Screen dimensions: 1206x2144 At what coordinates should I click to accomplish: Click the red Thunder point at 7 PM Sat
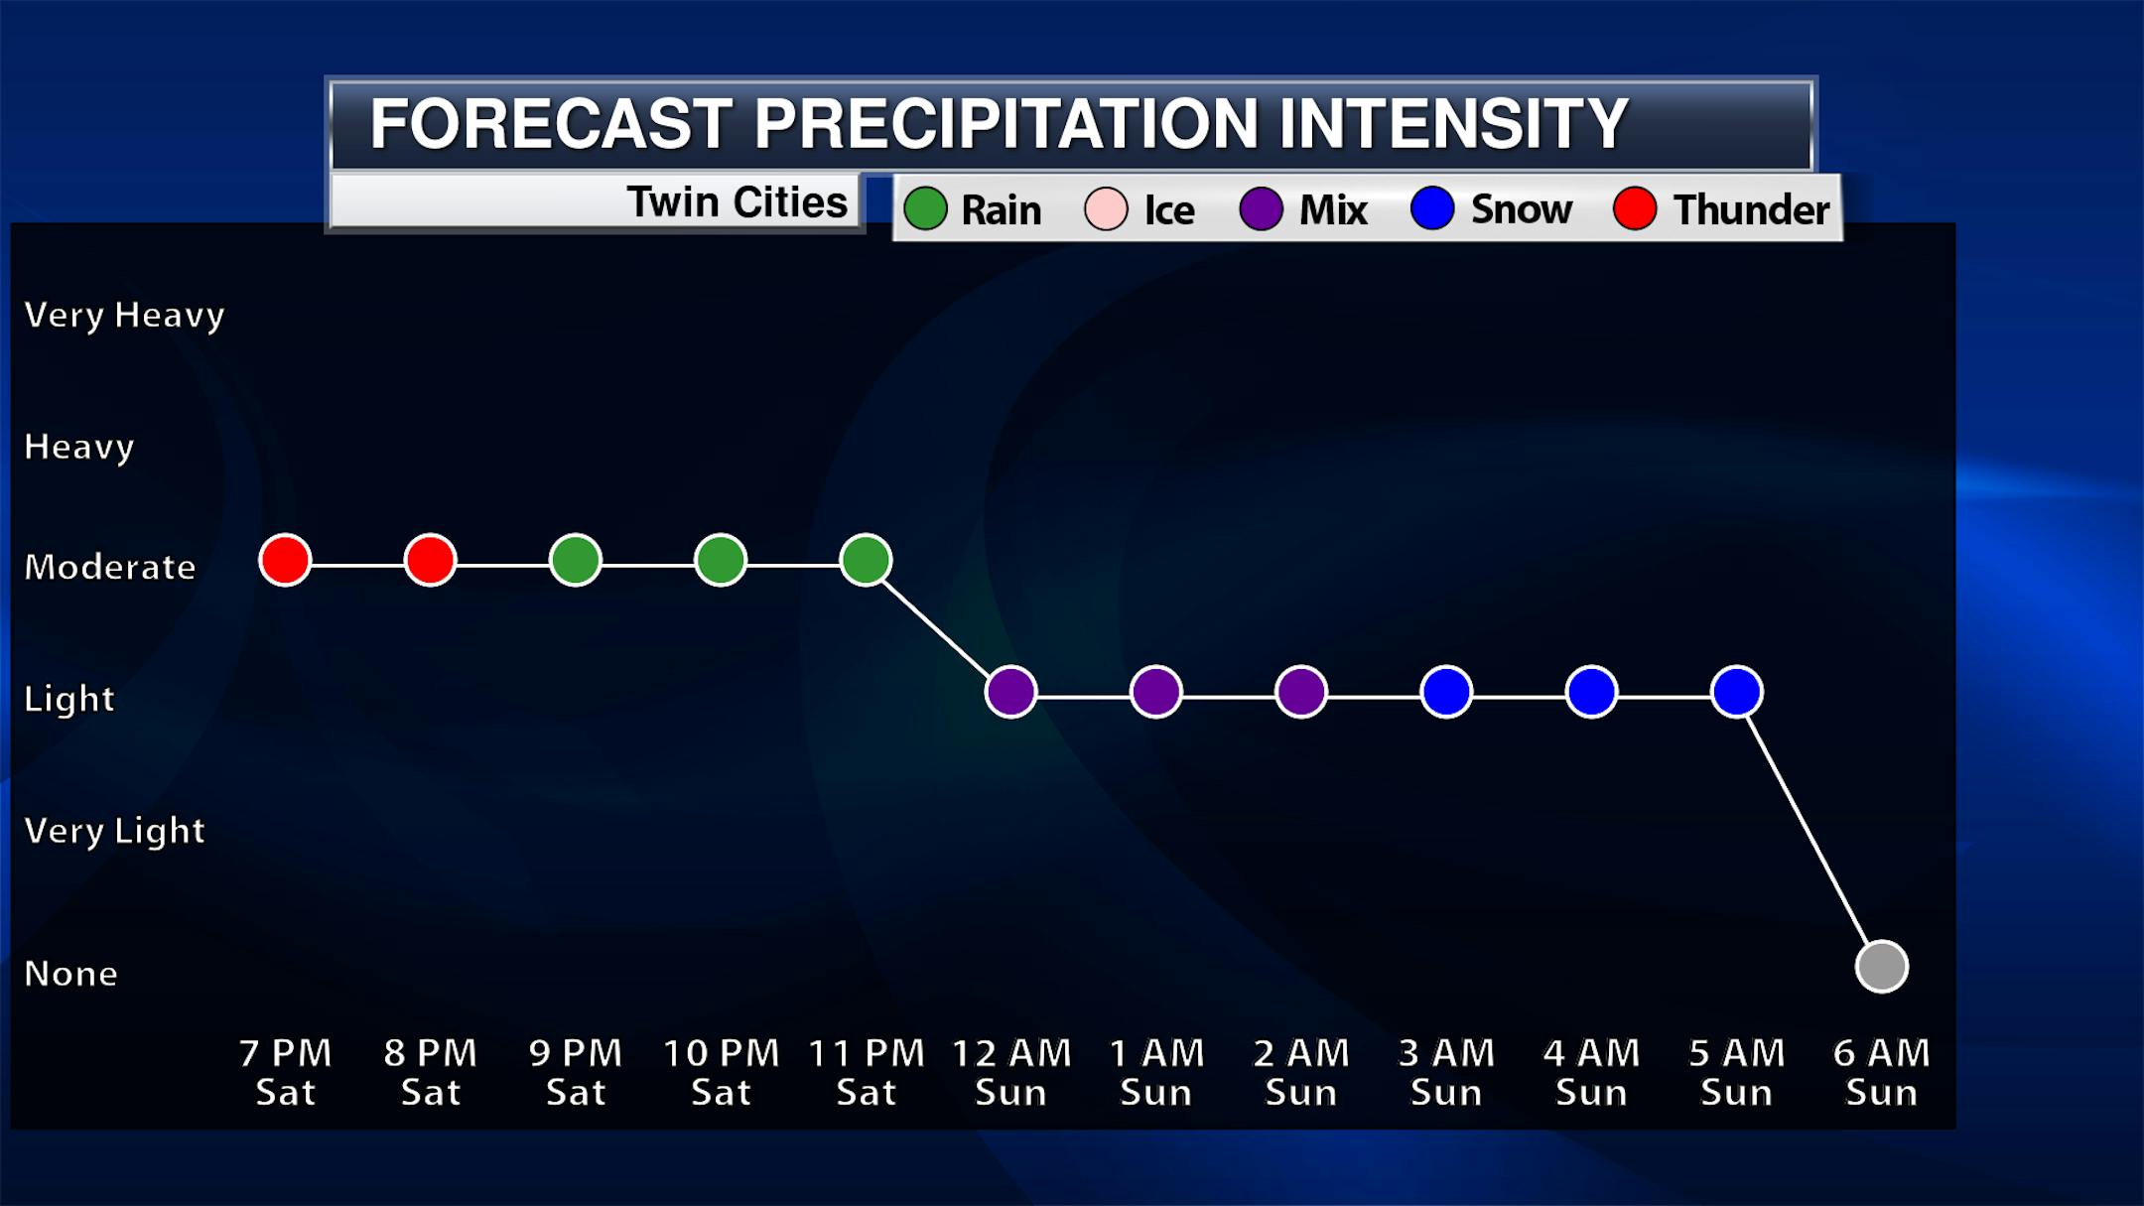pos(285,561)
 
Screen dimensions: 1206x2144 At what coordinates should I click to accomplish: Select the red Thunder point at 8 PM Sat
pos(430,561)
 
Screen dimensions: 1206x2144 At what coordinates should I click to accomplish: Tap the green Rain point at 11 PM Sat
pos(866,561)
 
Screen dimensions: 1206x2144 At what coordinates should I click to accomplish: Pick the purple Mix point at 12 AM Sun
pos(1010,692)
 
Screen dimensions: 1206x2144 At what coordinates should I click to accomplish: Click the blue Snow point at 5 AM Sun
pos(1736,692)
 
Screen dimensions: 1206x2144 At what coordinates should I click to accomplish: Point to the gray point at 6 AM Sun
pos(1881,966)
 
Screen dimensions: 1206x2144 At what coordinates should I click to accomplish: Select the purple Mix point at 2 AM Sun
pos(1301,692)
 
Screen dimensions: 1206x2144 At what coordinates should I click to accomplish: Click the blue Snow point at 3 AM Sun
pos(1446,692)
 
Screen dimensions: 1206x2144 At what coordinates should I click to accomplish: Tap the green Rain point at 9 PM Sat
pos(576,561)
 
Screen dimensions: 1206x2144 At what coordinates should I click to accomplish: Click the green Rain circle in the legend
pos(925,209)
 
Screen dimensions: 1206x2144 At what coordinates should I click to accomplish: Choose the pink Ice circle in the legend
pos(1106,209)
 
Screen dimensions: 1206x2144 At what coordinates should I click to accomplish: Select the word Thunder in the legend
pos(1751,210)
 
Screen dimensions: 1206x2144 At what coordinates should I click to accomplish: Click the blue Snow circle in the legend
pos(1431,208)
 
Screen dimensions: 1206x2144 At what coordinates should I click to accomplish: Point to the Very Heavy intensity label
pos(124,316)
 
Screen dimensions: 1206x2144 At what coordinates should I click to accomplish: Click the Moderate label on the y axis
pos(110,567)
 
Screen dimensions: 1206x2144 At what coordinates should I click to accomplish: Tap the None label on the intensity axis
pos(70,974)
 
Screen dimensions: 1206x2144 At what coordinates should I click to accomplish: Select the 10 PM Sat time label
pos(721,1072)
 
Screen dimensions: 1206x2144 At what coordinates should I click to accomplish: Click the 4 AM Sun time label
pos(1591,1072)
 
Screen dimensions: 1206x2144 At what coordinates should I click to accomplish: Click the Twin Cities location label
pos(737,202)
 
